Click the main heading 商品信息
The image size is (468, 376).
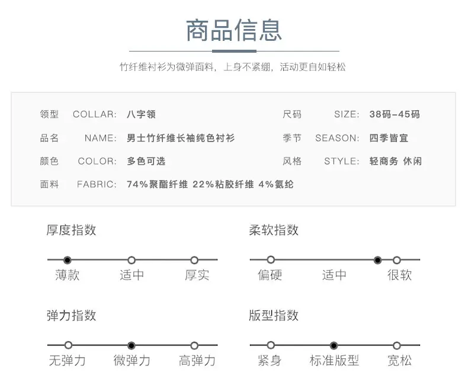234,30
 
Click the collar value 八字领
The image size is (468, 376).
141,114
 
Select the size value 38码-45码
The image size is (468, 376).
395,114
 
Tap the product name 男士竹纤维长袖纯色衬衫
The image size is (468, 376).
181,138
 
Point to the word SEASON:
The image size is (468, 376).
337,138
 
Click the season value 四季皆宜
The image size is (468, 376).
389,138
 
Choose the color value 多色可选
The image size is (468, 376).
146,161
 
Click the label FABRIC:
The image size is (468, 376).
97,184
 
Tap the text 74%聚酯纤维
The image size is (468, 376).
158,184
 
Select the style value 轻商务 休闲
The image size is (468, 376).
396,161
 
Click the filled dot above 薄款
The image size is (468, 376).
68,260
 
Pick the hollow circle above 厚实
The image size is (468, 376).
194,260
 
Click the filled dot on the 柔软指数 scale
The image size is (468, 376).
377,260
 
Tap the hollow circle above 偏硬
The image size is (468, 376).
271,260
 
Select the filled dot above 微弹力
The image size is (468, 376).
131,346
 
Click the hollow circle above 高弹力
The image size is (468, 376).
194,346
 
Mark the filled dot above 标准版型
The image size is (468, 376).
334,346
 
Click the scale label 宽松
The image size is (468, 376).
399,361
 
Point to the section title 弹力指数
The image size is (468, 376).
71,316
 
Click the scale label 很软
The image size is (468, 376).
399,275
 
